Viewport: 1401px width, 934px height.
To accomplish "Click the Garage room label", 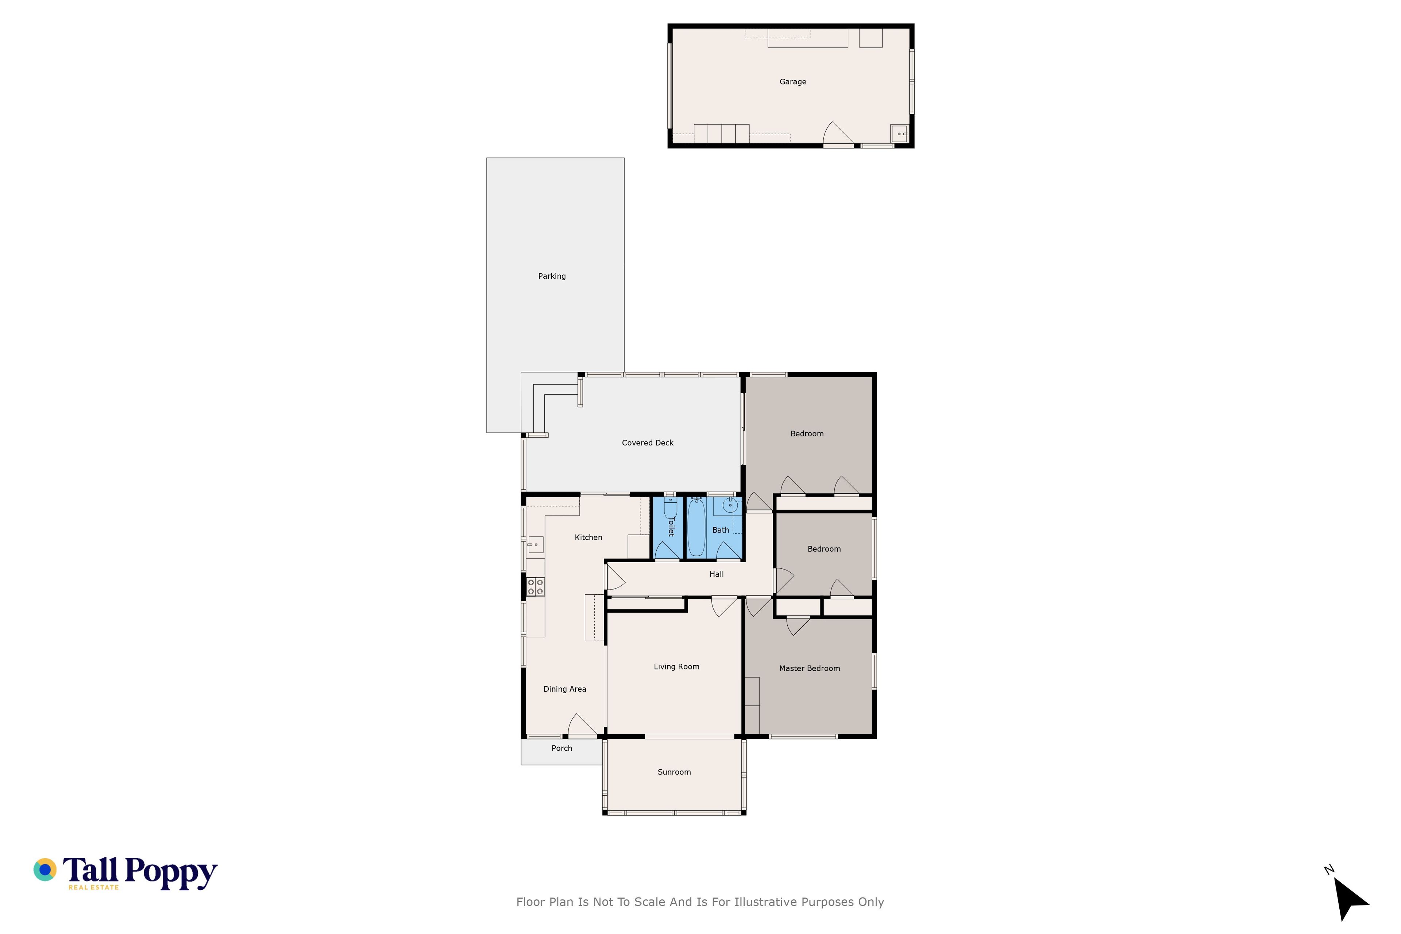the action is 793,82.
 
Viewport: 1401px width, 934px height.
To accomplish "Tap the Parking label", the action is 552,276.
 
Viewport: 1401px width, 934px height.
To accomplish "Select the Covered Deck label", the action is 648,443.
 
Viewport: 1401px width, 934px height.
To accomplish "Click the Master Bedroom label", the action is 810,668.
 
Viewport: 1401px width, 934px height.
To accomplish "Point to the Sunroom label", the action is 674,772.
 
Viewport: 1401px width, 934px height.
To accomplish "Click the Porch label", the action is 562,748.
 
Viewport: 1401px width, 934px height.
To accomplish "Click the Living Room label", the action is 677,667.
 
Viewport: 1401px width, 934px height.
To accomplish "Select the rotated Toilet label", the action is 671,526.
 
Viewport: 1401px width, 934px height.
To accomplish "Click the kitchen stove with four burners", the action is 536,587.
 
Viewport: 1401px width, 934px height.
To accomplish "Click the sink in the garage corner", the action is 899,134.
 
